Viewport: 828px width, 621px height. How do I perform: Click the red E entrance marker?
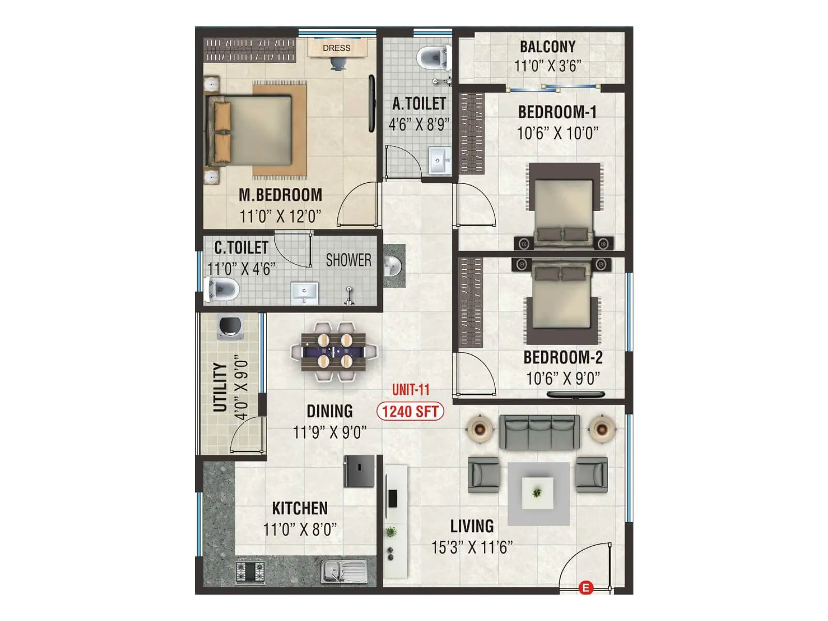click(x=585, y=588)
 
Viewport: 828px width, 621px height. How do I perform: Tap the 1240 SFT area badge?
click(x=410, y=411)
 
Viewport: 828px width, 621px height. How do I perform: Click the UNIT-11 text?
click(x=411, y=390)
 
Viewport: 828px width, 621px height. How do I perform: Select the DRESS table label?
click(x=336, y=48)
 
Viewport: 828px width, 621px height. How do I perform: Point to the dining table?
click(x=334, y=351)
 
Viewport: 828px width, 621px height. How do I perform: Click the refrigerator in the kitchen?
click(x=359, y=471)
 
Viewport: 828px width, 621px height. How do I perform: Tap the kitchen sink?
click(x=344, y=572)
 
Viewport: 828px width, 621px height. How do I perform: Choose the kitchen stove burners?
click(x=250, y=572)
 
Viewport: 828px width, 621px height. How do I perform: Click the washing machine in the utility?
click(x=230, y=327)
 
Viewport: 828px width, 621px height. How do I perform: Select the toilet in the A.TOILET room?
click(x=432, y=57)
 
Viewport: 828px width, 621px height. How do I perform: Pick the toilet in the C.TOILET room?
click(x=223, y=289)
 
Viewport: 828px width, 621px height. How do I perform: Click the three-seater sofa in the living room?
click(x=539, y=432)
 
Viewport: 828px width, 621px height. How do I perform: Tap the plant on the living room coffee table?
click(x=537, y=493)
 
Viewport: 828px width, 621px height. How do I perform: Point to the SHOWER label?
click(x=348, y=260)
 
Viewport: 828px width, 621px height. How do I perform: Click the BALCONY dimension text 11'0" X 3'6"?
click(x=548, y=66)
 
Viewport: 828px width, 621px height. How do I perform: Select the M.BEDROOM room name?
click(x=280, y=195)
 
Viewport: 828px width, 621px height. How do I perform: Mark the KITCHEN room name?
click(x=300, y=508)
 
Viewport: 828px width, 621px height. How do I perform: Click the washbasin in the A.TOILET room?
click(x=439, y=160)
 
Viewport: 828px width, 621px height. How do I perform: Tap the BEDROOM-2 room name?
click(x=563, y=358)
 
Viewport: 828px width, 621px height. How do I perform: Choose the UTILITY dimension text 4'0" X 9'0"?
click(x=241, y=387)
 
